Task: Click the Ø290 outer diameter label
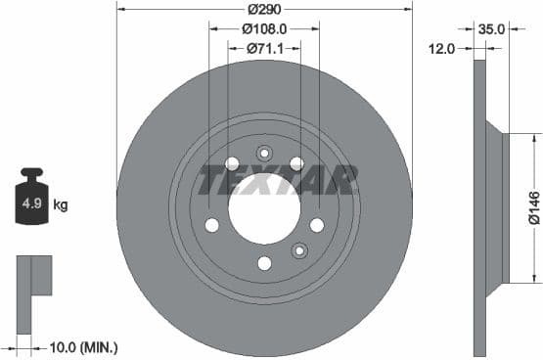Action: coord(264,9)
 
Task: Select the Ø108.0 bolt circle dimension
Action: coord(264,28)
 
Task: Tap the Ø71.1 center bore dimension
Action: coord(264,47)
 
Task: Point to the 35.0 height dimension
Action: coord(491,28)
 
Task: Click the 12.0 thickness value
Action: coord(442,47)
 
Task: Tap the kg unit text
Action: coord(61,205)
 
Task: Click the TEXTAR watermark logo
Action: coord(279,180)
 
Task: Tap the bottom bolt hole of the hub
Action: coord(264,262)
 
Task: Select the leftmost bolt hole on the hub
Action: coord(211,225)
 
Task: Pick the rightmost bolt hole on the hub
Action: coord(317,225)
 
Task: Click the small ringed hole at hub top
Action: coord(264,153)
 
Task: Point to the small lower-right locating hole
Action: coord(299,250)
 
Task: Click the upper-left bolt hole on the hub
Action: coord(232,163)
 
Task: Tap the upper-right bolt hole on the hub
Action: coord(296,163)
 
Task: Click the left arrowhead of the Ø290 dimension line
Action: coord(120,9)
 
